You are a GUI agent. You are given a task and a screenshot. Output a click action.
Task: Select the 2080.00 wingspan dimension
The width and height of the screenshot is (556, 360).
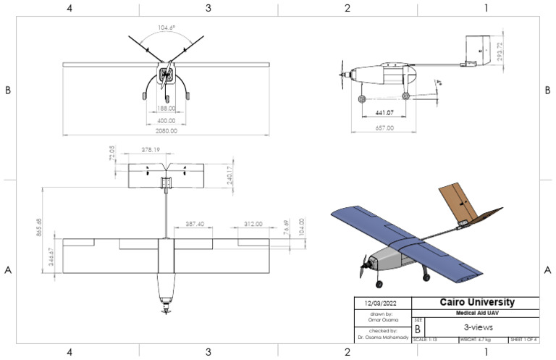(x=167, y=131)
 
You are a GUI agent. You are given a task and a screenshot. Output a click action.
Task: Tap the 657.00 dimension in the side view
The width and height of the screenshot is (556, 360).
(x=384, y=128)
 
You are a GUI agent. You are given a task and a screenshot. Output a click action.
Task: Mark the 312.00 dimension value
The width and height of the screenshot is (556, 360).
(x=253, y=224)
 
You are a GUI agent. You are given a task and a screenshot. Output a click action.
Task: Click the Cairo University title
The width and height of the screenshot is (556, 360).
(x=474, y=302)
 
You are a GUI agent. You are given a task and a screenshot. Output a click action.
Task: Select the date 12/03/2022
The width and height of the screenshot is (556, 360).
(x=382, y=302)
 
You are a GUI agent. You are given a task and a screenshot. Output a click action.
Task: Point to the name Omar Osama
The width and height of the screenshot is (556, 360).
(x=382, y=319)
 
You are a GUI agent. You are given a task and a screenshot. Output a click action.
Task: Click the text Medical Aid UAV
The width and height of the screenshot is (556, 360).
(x=474, y=312)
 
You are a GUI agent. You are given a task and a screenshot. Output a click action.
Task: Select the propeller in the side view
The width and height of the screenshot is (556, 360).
(x=343, y=75)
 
